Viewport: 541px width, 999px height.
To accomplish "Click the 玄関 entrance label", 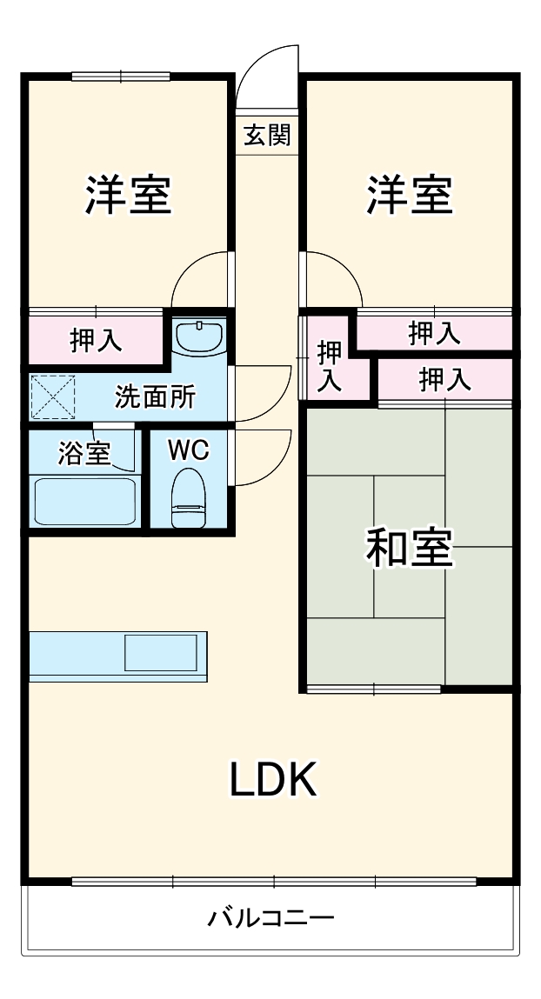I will [x=267, y=135].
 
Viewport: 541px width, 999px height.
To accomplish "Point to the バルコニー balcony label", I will [x=270, y=917].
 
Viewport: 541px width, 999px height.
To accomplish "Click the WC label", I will [x=188, y=450].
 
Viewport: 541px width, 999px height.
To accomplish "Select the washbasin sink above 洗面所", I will [x=200, y=336].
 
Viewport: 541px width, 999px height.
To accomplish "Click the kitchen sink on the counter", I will [x=161, y=652].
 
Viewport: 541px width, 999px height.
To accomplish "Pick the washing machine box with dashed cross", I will [x=54, y=397].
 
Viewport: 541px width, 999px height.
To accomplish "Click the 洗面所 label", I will [x=156, y=397].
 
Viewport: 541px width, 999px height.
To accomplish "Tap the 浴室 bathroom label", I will [x=84, y=453].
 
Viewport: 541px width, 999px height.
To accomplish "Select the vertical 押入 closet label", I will [x=329, y=366].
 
